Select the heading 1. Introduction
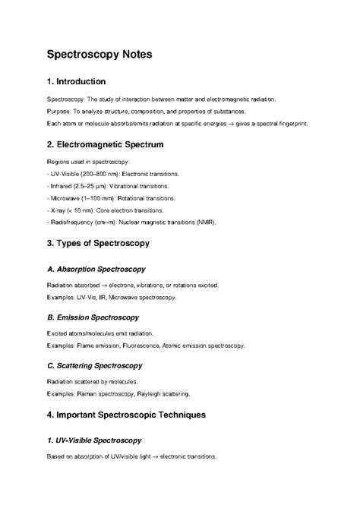pyautogui.click(x=76, y=81)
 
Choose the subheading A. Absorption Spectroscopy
pyautogui.click(x=96, y=269)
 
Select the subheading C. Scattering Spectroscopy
pyautogui.click(x=96, y=365)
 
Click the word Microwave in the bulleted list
pyautogui.click(x=65, y=197)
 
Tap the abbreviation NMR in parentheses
pyautogui.click(x=206, y=222)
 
